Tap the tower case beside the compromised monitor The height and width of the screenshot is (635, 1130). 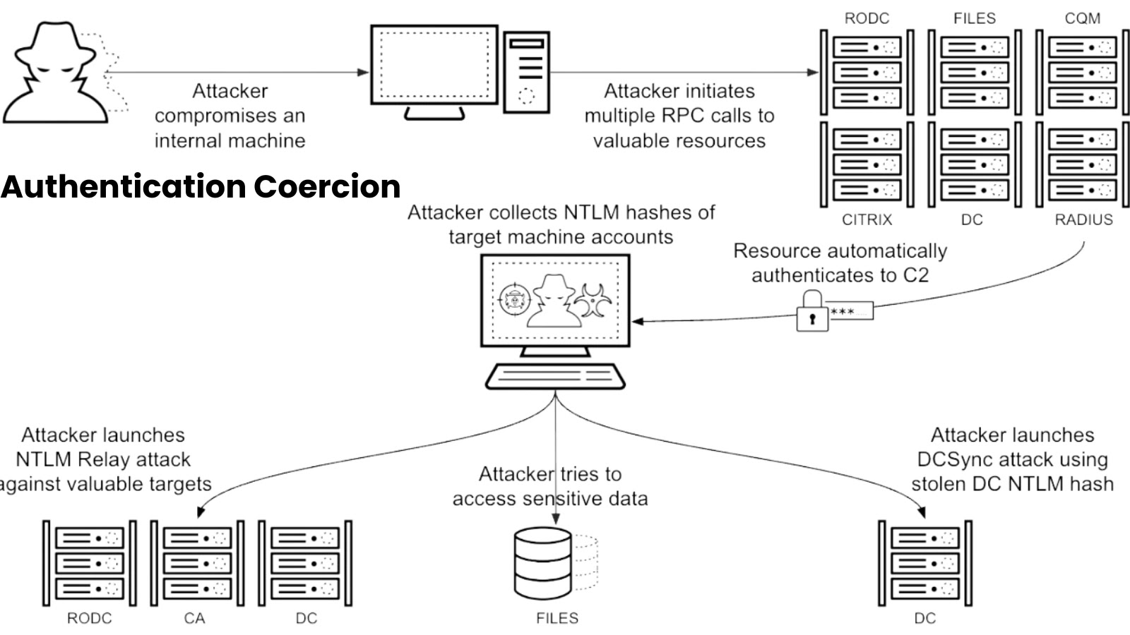coord(526,72)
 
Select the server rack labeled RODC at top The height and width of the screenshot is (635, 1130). coord(867,72)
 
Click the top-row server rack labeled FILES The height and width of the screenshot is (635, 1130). coord(974,72)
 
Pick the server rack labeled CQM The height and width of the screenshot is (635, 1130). coord(1082,72)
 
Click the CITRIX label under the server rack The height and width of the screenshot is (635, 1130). coord(867,219)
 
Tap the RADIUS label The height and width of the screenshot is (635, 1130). coord(1083,219)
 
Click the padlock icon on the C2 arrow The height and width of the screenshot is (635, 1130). coord(812,313)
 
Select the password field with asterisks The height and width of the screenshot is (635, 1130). coord(851,311)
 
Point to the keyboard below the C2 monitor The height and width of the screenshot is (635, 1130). coord(555,376)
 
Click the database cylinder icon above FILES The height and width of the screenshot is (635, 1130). coord(543,563)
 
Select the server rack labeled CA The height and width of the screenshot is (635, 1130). coord(197,563)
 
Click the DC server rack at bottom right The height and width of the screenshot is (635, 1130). coord(924,563)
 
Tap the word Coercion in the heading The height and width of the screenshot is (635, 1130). coord(327,186)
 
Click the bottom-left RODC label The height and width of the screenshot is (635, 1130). coord(89,618)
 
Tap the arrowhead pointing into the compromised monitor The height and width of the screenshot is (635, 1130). coord(364,72)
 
